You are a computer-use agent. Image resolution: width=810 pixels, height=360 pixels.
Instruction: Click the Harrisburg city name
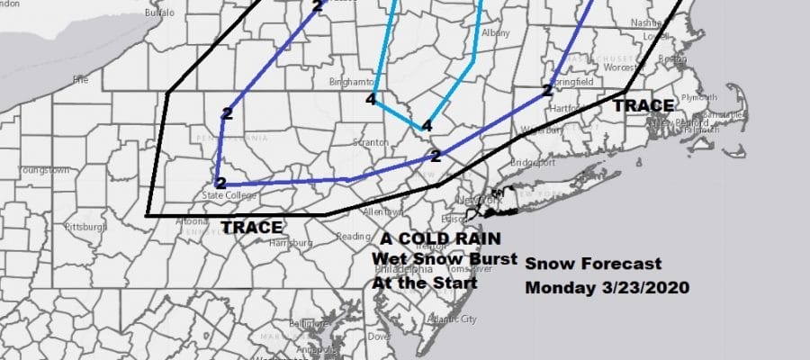(x=293, y=243)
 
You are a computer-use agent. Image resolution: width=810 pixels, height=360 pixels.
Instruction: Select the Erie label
(x=81, y=78)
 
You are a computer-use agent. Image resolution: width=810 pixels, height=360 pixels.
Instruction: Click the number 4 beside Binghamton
(x=371, y=99)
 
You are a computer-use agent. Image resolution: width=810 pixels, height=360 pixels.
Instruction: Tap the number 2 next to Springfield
(x=546, y=91)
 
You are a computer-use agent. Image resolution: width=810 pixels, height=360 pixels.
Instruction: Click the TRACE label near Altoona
(x=251, y=228)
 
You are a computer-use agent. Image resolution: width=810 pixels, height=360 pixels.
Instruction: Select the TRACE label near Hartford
(x=643, y=106)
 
